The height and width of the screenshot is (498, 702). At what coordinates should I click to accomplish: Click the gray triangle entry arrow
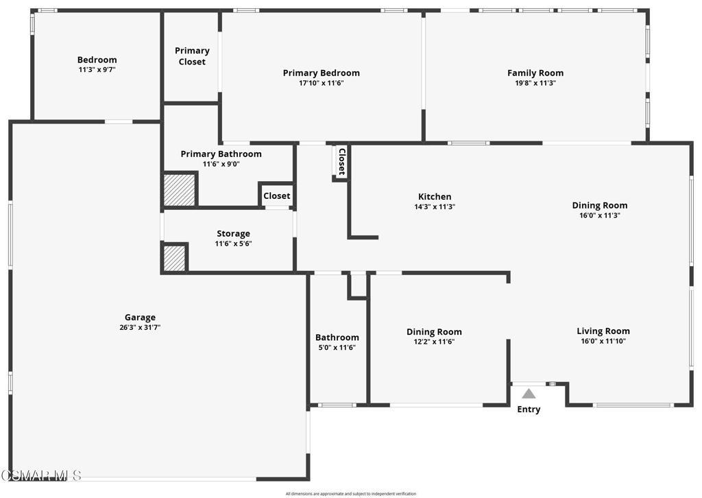[x=529, y=394]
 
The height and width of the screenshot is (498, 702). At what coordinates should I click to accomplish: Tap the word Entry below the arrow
[x=529, y=410]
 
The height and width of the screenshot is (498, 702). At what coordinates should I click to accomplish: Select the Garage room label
[x=140, y=318]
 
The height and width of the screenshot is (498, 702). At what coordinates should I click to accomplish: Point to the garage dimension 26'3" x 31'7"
[x=140, y=327]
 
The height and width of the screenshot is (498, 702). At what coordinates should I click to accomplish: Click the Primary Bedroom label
[x=322, y=73]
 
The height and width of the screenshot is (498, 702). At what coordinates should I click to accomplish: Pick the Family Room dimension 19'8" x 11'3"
[x=535, y=83]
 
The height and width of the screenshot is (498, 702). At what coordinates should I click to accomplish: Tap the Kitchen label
[x=435, y=197]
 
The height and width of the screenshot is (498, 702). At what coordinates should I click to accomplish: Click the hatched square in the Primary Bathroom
[x=179, y=190]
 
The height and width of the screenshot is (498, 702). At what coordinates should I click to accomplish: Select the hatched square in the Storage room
[x=174, y=258]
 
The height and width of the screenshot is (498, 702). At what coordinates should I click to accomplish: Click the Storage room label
[x=233, y=233]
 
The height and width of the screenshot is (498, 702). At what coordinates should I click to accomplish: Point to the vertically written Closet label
[x=341, y=162]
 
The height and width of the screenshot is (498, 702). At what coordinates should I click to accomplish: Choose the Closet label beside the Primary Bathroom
[x=277, y=195]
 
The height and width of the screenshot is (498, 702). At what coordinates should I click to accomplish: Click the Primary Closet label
[x=192, y=56]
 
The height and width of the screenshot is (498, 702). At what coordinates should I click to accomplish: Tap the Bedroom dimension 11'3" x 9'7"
[x=97, y=69]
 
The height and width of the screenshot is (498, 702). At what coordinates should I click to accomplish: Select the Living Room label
[x=603, y=331]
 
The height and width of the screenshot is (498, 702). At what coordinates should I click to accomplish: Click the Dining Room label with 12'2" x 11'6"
[x=434, y=332]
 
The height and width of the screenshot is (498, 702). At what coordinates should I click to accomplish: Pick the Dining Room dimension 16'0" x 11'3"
[x=599, y=215]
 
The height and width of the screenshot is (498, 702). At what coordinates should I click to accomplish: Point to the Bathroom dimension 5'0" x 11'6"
[x=337, y=348]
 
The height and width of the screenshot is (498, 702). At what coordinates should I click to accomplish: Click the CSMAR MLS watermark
[x=41, y=475]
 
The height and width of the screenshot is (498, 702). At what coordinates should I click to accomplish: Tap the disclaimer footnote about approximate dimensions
[x=351, y=493]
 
